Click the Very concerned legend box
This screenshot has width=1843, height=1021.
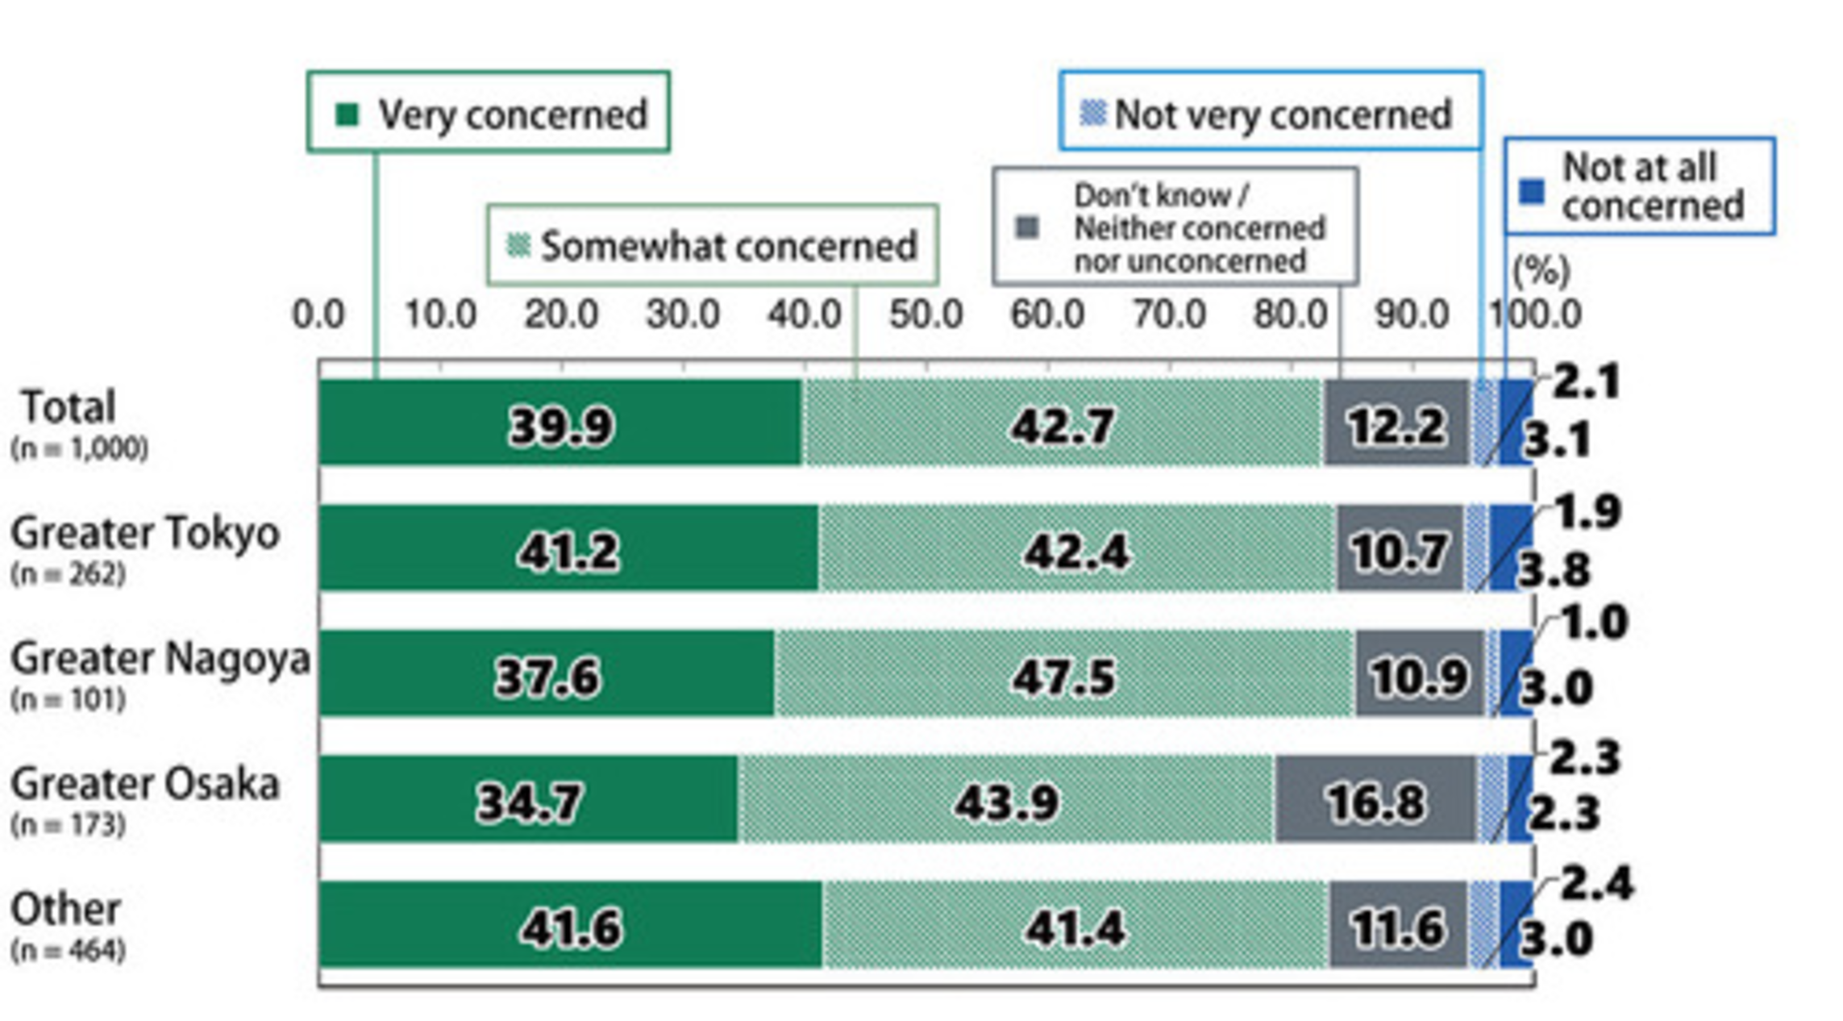coord(488,112)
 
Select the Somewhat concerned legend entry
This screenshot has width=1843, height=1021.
coord(712,244)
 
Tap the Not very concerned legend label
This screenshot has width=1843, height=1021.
coord(1271,112)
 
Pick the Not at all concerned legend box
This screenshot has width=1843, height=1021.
coord(1639,186)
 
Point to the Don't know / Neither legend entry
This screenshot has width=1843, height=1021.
coord(1175,227)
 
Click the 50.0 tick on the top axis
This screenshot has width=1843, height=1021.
coord(926,314)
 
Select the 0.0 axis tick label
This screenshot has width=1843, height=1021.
coord(318,314)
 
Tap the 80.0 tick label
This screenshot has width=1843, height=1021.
coord(1290,314)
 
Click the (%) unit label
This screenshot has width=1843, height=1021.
coord(1541,270)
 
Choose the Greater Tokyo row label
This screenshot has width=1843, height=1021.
coord(145,533)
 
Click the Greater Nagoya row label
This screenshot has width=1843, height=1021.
coord(160,658)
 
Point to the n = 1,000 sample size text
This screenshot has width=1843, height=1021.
coord(79,448)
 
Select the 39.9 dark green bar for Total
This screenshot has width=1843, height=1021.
coord(560,423)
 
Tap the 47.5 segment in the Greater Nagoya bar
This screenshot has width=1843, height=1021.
coord(1064,674)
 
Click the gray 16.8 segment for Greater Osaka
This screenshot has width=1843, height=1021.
coord(1375,800)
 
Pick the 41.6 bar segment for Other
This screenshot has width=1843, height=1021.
coord(571,926)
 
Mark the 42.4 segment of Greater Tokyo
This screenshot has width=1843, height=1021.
coord(1076,550)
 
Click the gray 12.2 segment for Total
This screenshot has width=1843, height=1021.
coord(1396,423)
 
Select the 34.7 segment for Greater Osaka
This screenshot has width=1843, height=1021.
coord(528,800)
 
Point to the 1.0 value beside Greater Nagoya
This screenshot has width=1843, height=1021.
coord(1595,623)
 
